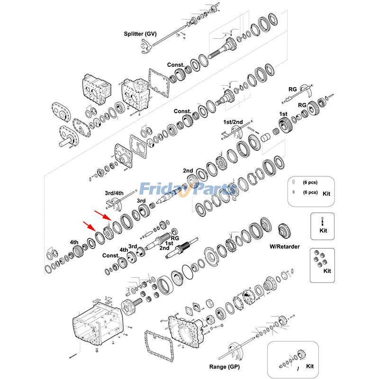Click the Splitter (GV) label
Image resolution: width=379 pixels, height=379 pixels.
click(x=140, y=34)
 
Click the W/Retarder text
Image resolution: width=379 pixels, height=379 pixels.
click(x=285, y=246)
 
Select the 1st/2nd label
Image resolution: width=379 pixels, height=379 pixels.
click(x=233, y=122)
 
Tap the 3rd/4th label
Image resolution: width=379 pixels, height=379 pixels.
click(x=114, y=193)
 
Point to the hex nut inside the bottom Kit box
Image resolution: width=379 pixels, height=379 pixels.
click(x=302, y=356)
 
